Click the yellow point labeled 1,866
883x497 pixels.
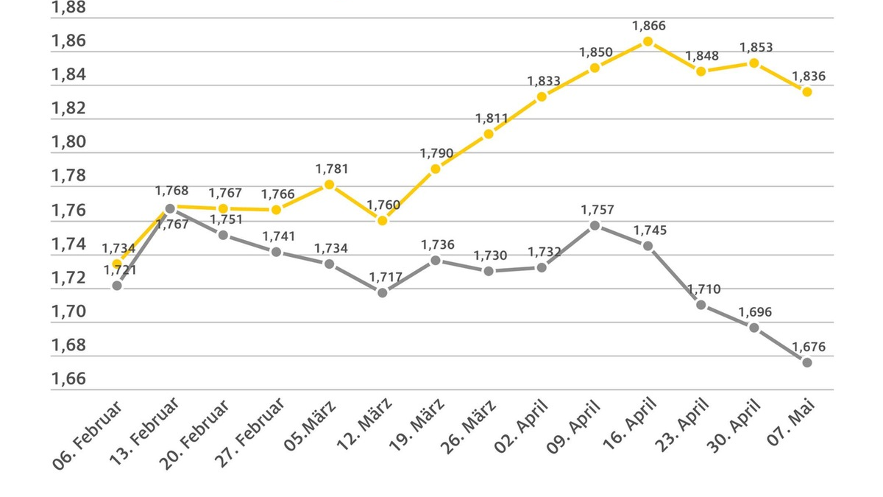point(648,41)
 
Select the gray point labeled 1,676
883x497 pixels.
point(807,362)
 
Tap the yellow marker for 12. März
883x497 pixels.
point(382,221)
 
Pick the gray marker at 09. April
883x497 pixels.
point(595,225)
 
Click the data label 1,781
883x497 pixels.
point(331,169)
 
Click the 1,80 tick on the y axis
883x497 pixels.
point(68,142)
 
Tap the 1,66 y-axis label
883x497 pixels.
point(68,379)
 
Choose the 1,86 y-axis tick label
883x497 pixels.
point(68,40)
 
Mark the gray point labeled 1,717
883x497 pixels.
point(382,292)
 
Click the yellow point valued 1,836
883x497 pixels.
point(807,92)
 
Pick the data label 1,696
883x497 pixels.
point(756,312)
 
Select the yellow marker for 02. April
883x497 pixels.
point(542,97)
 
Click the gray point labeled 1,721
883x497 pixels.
point(116,285)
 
